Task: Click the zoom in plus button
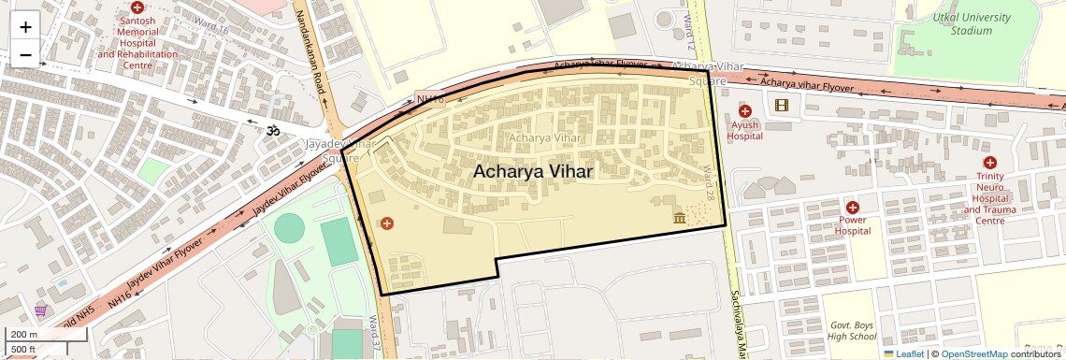pyautogui.click(x=25, y=26)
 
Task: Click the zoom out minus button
pyautogui.click(x=25, y=54)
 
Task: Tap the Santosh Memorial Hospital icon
pyautogui.click(x=137, y=7)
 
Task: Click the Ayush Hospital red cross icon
pyautogui.click(x=745, y=111)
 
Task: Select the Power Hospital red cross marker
pyautogui.click(x=852, y=207)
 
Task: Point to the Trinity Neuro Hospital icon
pyautogui.click(x=989, y=163)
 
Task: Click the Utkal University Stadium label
pyautogui.click(x=972, y=24)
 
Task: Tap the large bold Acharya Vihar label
pyautogui.click(x=532, y=172)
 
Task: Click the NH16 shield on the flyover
pyautogui.click(x=429, y=98)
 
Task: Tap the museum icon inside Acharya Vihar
pyautogui.click(x=679, y=218)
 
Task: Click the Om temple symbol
pyautogui.click(x=274, y=131)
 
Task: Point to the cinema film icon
pyautogui.click(x=782, y=104)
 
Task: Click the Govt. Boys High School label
pyautogui.click(x=852, y=330)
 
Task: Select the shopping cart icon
pyautogui.click(x=41, y=310)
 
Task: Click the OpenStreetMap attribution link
pyautogui.click(x=973, y=353)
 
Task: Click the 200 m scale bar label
pyautogui.click(x=23, y=335)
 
